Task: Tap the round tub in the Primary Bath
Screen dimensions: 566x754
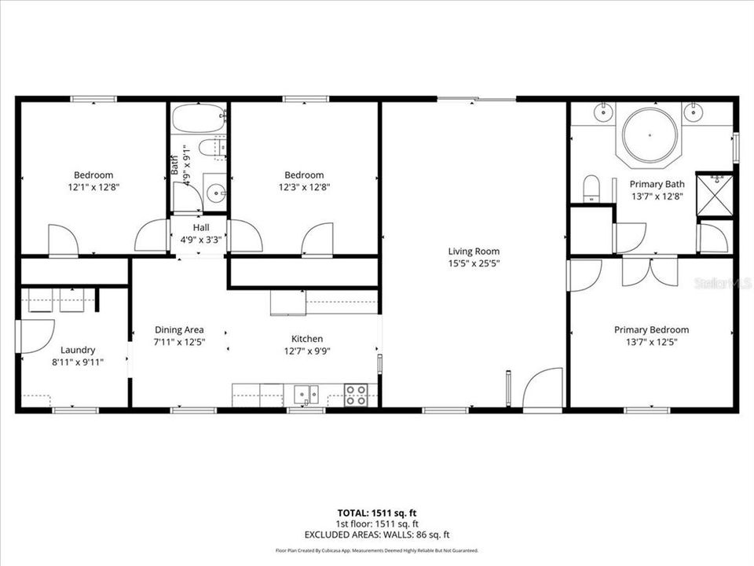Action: pos(650,135)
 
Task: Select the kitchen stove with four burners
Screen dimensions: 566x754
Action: pos(356,394)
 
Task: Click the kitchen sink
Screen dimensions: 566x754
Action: pos(306,394)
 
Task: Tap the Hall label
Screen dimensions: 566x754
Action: pos(199,228)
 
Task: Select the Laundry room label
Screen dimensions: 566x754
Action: pos(79,350)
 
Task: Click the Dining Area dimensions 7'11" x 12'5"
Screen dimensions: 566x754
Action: pos(179,342)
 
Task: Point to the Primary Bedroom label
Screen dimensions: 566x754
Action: pos(651,330)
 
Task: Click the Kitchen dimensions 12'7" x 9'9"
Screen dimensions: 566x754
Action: pos(307,351)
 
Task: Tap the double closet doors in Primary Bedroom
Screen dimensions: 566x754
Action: pos(650,271)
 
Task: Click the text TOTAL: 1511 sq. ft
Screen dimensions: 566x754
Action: pos(377,513)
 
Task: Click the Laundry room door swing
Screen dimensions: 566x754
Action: pos(35,336)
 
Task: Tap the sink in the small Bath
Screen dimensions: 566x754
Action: pos(214,191)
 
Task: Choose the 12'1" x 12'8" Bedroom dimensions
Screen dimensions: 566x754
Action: pos(93,187)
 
